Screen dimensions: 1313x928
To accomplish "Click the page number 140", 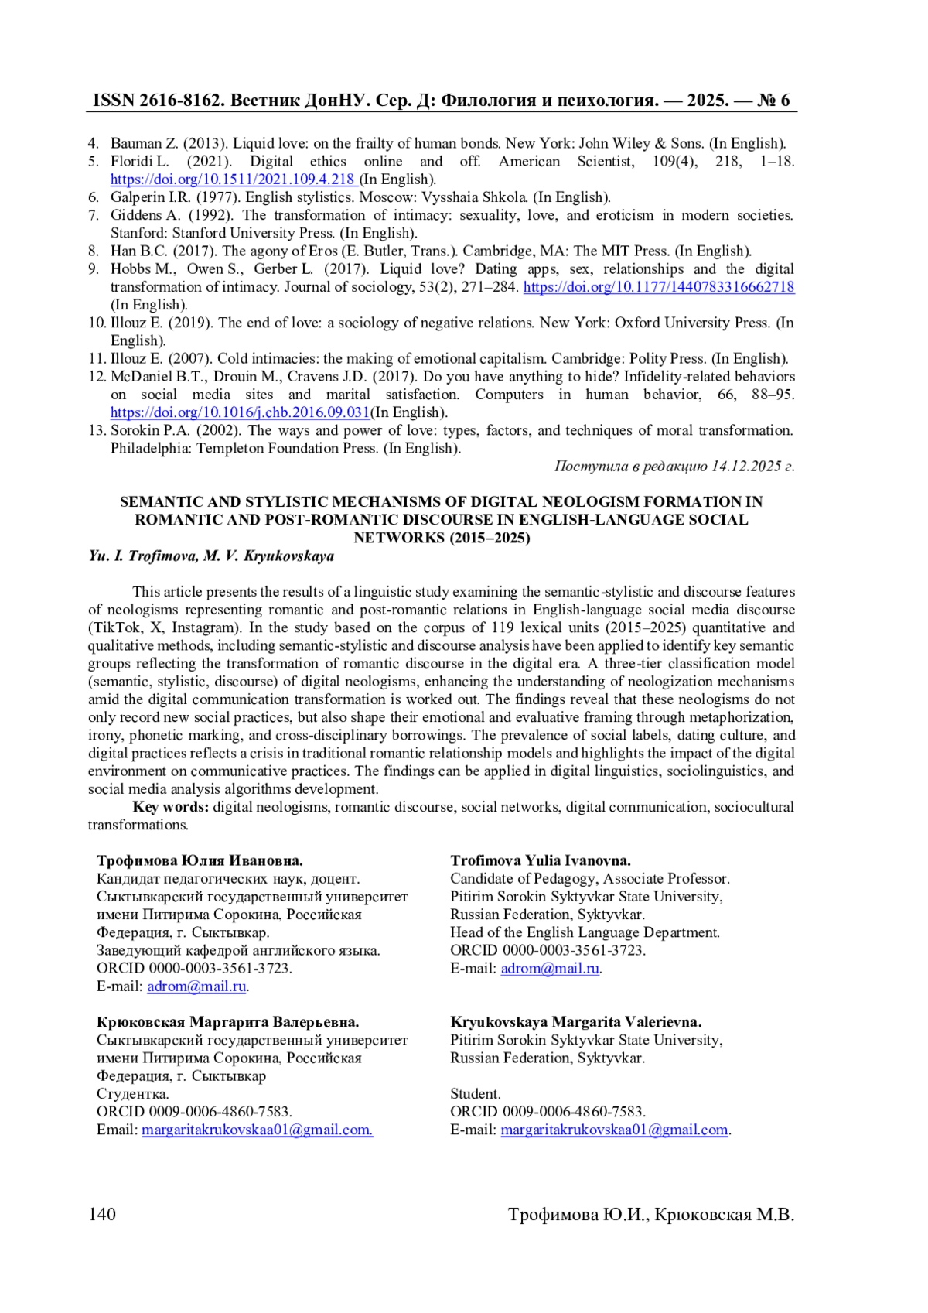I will tap(102, 1214).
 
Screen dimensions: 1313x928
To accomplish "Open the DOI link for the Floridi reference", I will tap(232, 180).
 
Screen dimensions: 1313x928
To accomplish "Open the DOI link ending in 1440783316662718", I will tap(659, 287).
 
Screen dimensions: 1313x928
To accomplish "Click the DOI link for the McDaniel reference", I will tap(240, 412).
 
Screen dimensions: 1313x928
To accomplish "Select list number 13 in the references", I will tap(97, 430).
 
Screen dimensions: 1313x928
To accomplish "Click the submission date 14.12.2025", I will tap(746, 466).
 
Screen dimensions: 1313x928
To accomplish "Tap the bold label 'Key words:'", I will tap(170, 807).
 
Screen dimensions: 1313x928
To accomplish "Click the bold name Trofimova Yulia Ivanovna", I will tap(541, 860).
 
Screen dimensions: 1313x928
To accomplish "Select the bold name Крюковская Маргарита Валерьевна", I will tap(227, 1022).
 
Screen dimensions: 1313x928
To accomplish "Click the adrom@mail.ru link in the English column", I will tap(550, 969).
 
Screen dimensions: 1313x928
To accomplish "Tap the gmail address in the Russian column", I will tap(258, 1130).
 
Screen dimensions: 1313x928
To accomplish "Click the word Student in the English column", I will tap(475, 1094).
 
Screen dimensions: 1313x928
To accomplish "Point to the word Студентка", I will tap(132, 1094).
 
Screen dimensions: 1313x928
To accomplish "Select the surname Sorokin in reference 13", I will tap(135, 430).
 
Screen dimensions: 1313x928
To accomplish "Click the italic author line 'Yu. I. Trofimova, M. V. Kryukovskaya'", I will tap(211, 556).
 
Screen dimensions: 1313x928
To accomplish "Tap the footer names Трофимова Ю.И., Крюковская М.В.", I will tap(651, 1214).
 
